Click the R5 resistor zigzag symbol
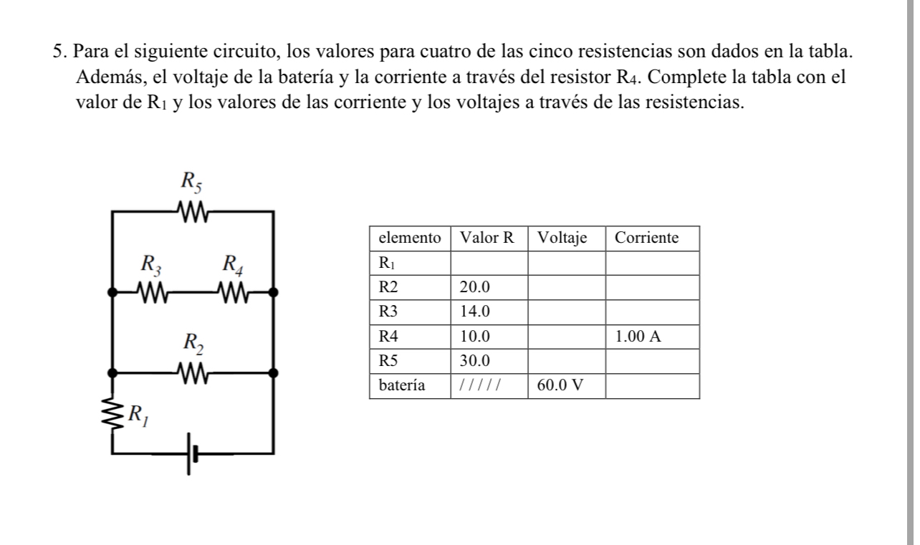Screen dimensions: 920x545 (x=192, y=212)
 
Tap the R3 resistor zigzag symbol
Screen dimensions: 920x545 (x=152, y=292)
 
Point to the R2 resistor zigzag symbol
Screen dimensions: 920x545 (x=192, y=372)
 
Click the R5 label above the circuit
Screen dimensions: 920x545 (x=191, y=183)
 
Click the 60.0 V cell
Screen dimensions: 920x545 (x=565, y=385)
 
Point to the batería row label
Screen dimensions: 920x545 (x=402, y=385)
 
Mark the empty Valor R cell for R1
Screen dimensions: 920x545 (x=489, y=263)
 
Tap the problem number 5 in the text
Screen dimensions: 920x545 (x=57, y=52)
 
